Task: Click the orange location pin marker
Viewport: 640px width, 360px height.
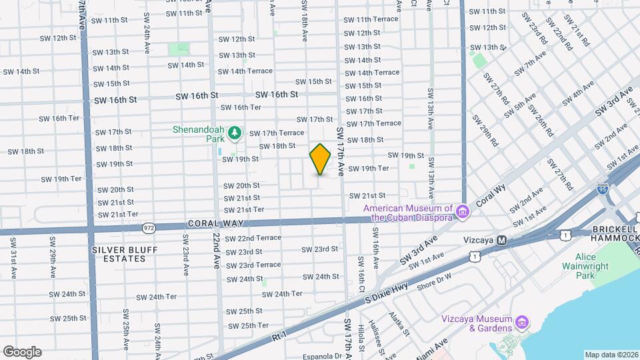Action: pos(321,159)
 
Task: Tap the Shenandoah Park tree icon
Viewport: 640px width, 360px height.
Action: pos(234,134)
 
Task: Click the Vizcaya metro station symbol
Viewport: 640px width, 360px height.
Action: pos(503,240)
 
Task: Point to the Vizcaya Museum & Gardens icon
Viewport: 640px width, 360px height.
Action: pos(522,323)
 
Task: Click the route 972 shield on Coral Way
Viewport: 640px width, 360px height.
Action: pos(149,228)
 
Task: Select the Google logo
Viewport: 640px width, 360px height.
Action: pos(22,351)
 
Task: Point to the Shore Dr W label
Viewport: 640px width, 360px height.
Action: pos(435,280)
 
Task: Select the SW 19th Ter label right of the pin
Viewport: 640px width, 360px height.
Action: pos(368,169)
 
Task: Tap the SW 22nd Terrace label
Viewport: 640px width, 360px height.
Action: pos(253,238)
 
